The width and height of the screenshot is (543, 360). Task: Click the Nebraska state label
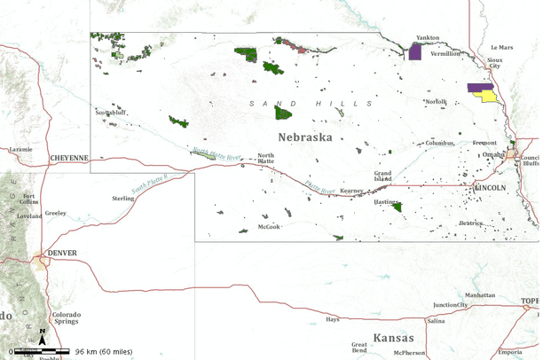[x=304, y=137]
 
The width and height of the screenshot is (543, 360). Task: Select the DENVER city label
[x=62, y=253]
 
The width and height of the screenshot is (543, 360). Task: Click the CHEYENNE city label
[x=69, y=158]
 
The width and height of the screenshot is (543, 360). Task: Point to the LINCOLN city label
[x=491, y=188]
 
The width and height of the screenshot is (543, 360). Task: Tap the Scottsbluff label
[x=112, y=113]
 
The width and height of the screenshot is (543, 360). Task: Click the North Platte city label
[x=266, y=159]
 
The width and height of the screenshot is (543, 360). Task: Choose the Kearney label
[x=352, y=191]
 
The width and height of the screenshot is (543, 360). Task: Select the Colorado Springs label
[x=66, y=317]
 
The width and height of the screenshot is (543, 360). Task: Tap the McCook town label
[x=269, y=226]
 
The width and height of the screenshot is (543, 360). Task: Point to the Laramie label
[x=21, y=150]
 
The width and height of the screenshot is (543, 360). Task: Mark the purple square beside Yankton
[x=414, y=51]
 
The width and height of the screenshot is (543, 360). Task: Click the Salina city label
[x=436, y=321]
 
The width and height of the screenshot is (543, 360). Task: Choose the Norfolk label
[x=436, y=102]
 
